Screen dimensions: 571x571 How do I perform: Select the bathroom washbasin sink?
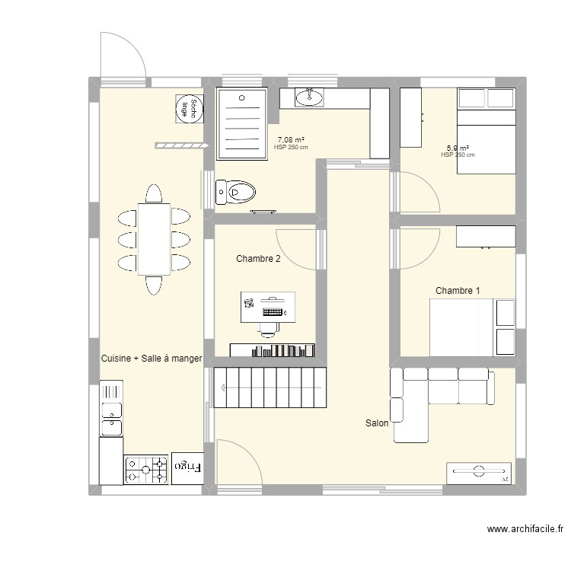(309, 97)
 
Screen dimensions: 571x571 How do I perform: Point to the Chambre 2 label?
(258, 259)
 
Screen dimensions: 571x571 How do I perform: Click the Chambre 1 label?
(458, 290)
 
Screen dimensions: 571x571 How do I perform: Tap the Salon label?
(377, 423)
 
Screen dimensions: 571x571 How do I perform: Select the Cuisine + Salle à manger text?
(152, 357)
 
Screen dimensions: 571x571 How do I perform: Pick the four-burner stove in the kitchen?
(146, 470)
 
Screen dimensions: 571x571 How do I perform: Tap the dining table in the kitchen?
(154, 239)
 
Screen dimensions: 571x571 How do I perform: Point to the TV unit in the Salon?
(479, 473)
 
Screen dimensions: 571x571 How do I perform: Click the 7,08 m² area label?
(291, 140)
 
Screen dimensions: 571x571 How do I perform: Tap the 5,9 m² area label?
(458, 148)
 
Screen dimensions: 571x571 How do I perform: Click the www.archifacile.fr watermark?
(526, 529)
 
